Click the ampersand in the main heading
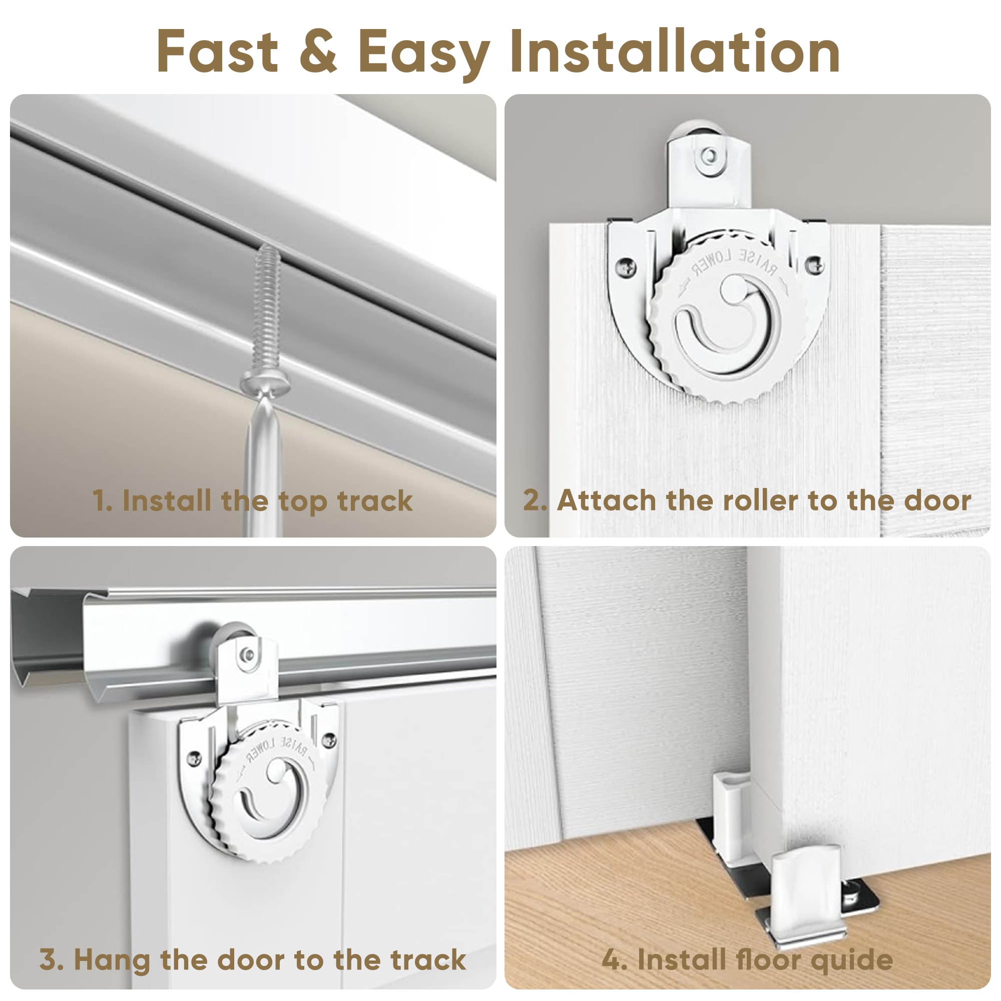(x=318, y=52)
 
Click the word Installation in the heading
(x=675, y=52)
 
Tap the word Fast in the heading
(x=218, y=52)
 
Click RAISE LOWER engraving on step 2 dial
(x=735, y=262)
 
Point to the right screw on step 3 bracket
(x=329, y=740)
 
